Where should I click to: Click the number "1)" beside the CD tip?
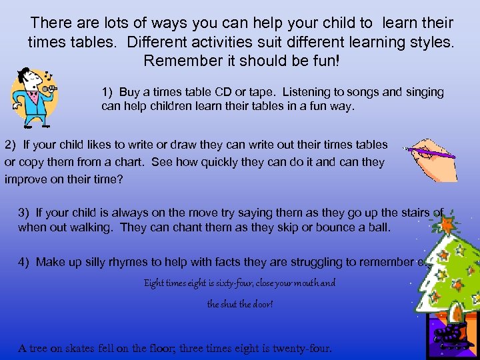coord(108,91)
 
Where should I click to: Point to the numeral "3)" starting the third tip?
coord(24,213)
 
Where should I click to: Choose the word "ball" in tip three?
coord(380,227)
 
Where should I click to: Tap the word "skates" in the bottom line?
coord(81,348)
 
